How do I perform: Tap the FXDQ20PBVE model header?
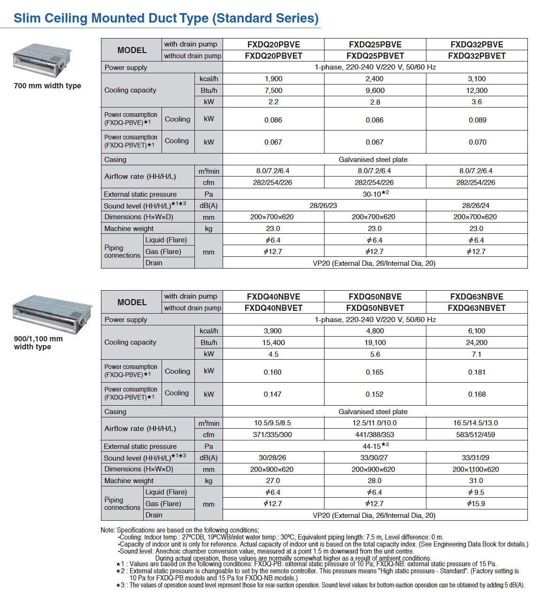pos(273,45)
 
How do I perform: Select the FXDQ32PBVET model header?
pos(477,56)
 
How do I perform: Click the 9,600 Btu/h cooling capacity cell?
pos(375,91)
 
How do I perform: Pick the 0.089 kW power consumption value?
pos(477,120)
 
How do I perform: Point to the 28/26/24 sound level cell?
pos(476,206)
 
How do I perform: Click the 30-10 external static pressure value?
pos(375,194)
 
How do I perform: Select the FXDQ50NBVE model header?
pos(375,297)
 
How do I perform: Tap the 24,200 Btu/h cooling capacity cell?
pos(476,343)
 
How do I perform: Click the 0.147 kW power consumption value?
pos(272,394)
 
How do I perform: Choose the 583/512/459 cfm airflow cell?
pos(476,435)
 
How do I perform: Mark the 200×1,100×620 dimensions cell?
pos(476,470)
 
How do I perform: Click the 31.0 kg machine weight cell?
pos(476,481)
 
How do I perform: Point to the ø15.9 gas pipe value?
pos(476,504)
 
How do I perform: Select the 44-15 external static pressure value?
pos(375,446)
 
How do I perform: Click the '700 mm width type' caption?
pos(47,86)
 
